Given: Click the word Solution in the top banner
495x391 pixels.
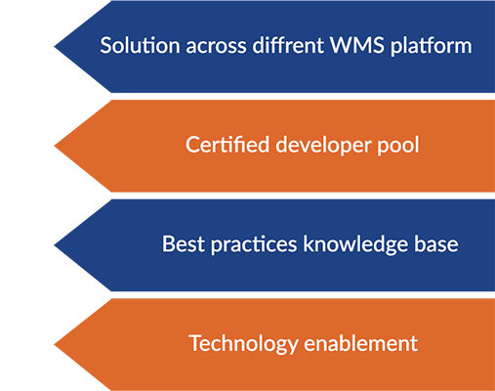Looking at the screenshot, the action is click(x=140, y=45).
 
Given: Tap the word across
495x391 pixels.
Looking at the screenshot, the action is click(x=216, y=46).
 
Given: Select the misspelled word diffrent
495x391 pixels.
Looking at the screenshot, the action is click(x=288, y=45).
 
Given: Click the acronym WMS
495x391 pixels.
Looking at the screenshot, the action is click(x=357, y=45).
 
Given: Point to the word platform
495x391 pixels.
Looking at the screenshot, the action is click(x=432, y=46).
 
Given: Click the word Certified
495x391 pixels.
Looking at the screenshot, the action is click(x=227, y=145).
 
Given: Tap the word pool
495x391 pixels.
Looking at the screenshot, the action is click(x=398, y=146).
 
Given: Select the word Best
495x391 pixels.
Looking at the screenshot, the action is click(x=184, y=243).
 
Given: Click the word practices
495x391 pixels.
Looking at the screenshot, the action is click(x=254, y=244).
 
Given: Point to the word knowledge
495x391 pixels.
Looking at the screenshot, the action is click(x=355, y=244).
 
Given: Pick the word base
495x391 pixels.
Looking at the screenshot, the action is click(x=436, y=243).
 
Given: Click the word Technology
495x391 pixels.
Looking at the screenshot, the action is click(x=243, y=344).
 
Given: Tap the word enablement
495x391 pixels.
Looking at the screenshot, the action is click(x=361, y=343).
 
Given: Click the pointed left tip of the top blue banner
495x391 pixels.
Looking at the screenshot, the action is click(x=54, y=47).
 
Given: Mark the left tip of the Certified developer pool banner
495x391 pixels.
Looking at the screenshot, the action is click(x=54, y=146).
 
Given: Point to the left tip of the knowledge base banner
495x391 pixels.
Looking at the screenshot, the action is click(x=54, y=245).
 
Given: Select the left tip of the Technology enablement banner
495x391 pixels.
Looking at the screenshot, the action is click(x=54, y=345).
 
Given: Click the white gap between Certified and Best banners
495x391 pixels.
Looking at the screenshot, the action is click(x=303, y=195).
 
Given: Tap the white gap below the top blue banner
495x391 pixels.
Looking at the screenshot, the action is click(x=303, y=97).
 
